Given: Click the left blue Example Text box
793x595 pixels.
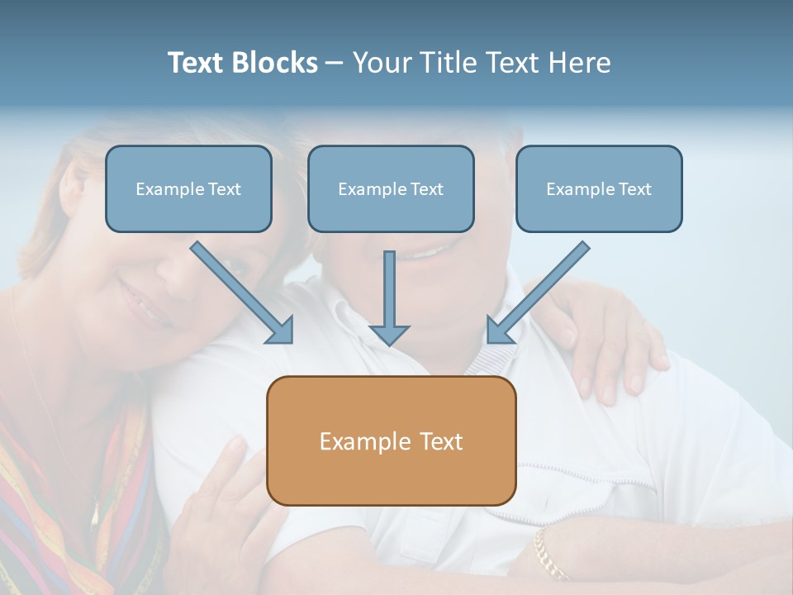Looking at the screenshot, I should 188,189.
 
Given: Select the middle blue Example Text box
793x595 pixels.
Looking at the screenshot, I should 391,189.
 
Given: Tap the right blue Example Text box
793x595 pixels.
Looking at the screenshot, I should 599,189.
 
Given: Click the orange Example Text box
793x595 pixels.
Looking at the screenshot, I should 391,441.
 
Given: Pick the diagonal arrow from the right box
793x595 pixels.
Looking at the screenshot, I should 539,293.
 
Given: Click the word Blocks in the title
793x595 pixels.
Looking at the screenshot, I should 274,63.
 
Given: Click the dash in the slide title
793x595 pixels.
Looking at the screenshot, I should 335,63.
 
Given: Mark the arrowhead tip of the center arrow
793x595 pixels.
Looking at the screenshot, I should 389,343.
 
